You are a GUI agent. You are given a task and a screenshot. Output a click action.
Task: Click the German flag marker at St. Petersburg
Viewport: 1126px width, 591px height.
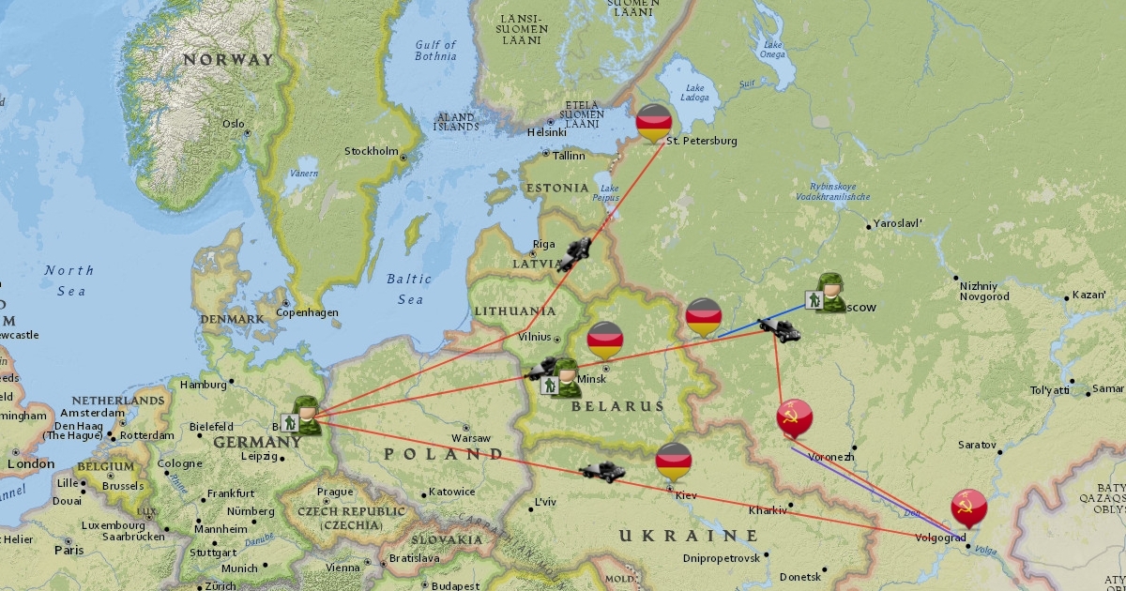click(653, 122)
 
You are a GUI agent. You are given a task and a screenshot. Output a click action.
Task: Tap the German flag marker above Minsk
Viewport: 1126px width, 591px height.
click(605, 340)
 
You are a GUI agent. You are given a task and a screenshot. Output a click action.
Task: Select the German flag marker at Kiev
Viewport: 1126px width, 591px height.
click(674, 462)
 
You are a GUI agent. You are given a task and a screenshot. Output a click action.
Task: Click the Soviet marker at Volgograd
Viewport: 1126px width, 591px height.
click(968, 508)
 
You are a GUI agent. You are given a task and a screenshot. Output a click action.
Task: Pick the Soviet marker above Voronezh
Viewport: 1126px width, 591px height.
click(795, 417)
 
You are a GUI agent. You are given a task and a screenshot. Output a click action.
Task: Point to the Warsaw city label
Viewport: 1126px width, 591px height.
click(470, 438)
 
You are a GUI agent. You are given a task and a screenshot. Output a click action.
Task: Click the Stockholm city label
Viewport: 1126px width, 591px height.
click(372, 151)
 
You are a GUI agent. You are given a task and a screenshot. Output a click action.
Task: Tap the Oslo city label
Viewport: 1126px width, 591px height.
click(233, 124)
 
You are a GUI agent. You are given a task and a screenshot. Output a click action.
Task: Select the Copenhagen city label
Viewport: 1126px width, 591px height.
click(307, 312)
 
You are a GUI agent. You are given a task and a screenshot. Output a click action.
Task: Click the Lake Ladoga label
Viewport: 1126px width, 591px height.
click(696, 93)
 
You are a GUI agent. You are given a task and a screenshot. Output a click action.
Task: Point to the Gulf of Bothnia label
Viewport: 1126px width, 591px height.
click(435, 51)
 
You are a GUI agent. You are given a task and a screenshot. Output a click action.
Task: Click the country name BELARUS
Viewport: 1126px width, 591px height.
click(617, 407)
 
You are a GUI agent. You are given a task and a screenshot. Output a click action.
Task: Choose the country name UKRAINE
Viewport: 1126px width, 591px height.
click(688, 535)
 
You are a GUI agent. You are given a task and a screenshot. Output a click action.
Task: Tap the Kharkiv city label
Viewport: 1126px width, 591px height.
click(768, 511)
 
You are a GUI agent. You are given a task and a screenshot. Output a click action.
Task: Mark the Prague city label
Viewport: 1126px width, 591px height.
click(334, 492)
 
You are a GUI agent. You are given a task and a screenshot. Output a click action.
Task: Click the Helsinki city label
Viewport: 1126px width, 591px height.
click(547, 132)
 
